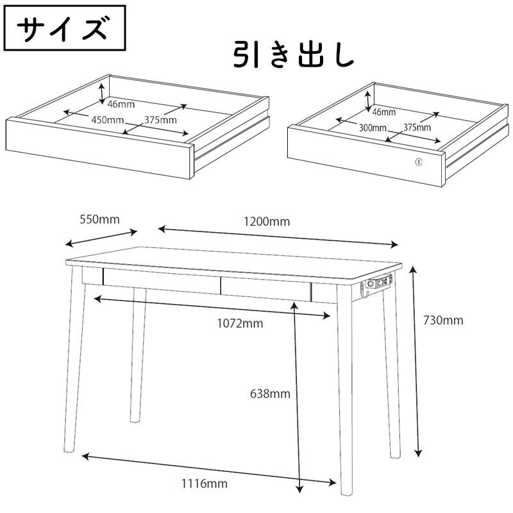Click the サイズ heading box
point(65,28)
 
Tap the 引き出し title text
point(294,55)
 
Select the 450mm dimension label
point(107,120)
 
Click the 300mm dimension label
point(373,128)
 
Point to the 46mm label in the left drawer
point(121,104)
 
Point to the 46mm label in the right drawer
point(383,112)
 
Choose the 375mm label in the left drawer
point(160,120)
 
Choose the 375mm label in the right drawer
point(417,127)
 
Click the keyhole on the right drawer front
point(419,162)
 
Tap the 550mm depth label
point(99,219)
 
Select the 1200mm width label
point(267,221)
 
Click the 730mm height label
point(443,320)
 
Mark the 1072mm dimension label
point(240,323)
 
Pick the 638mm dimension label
point(270,393)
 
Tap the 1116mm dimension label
point(205,484)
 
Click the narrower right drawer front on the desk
point(265,289)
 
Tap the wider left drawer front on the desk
point(162,281)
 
